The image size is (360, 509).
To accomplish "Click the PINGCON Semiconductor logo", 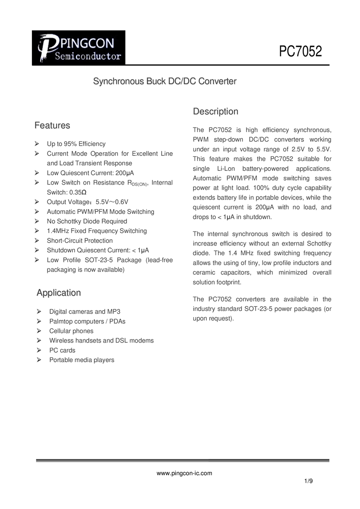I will coord(78,48).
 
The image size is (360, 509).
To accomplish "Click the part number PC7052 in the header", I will coord(300,51).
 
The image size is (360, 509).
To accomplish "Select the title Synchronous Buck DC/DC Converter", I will coord(165,82).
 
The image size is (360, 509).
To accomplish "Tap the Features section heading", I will coord(52,125).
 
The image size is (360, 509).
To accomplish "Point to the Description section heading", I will coord(216,112).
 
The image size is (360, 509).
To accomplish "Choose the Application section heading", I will coord(59,293).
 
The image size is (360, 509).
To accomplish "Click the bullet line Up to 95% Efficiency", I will coord(76,144).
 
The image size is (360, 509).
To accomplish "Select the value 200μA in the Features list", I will coord(125,173).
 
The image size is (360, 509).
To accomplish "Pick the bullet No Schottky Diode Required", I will coord(87,221).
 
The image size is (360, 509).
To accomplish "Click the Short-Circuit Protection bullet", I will coord(80,241).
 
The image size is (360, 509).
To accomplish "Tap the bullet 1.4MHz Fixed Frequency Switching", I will coord(97,231).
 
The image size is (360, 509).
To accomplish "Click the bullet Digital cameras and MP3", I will coord(85,312).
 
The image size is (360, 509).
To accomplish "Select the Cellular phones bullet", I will coord(71,331).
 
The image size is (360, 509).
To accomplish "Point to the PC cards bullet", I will coord(62,350).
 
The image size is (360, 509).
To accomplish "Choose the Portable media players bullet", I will coord(82,360).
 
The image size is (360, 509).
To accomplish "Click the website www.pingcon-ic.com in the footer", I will coord(184,473).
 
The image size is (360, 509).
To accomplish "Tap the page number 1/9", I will coord(309,481).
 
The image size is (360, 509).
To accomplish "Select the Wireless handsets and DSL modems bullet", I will coord(102,340).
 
